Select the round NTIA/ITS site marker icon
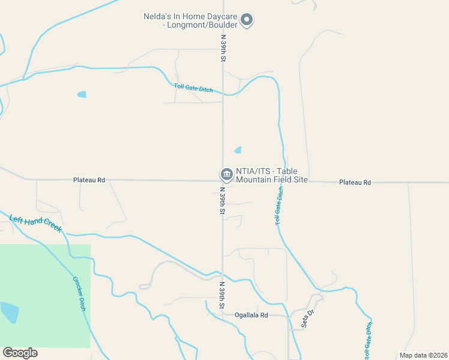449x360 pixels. [227, 175]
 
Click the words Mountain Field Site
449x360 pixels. [272, 179]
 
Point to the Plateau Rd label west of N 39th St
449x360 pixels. [89, 179]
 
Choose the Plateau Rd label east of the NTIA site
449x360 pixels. [355, 182]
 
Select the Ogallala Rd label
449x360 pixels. [252, 314]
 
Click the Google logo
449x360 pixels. [20, 352]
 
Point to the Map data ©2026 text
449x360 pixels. [423, 355]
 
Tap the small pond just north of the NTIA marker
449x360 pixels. [238, 150]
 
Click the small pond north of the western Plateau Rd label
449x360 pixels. [82, 94]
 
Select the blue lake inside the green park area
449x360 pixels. [9, 312]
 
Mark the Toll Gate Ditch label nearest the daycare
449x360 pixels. [193, 88]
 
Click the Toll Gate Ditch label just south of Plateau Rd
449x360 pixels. [279, 206]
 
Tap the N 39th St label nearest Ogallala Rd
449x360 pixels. [221, 296]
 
